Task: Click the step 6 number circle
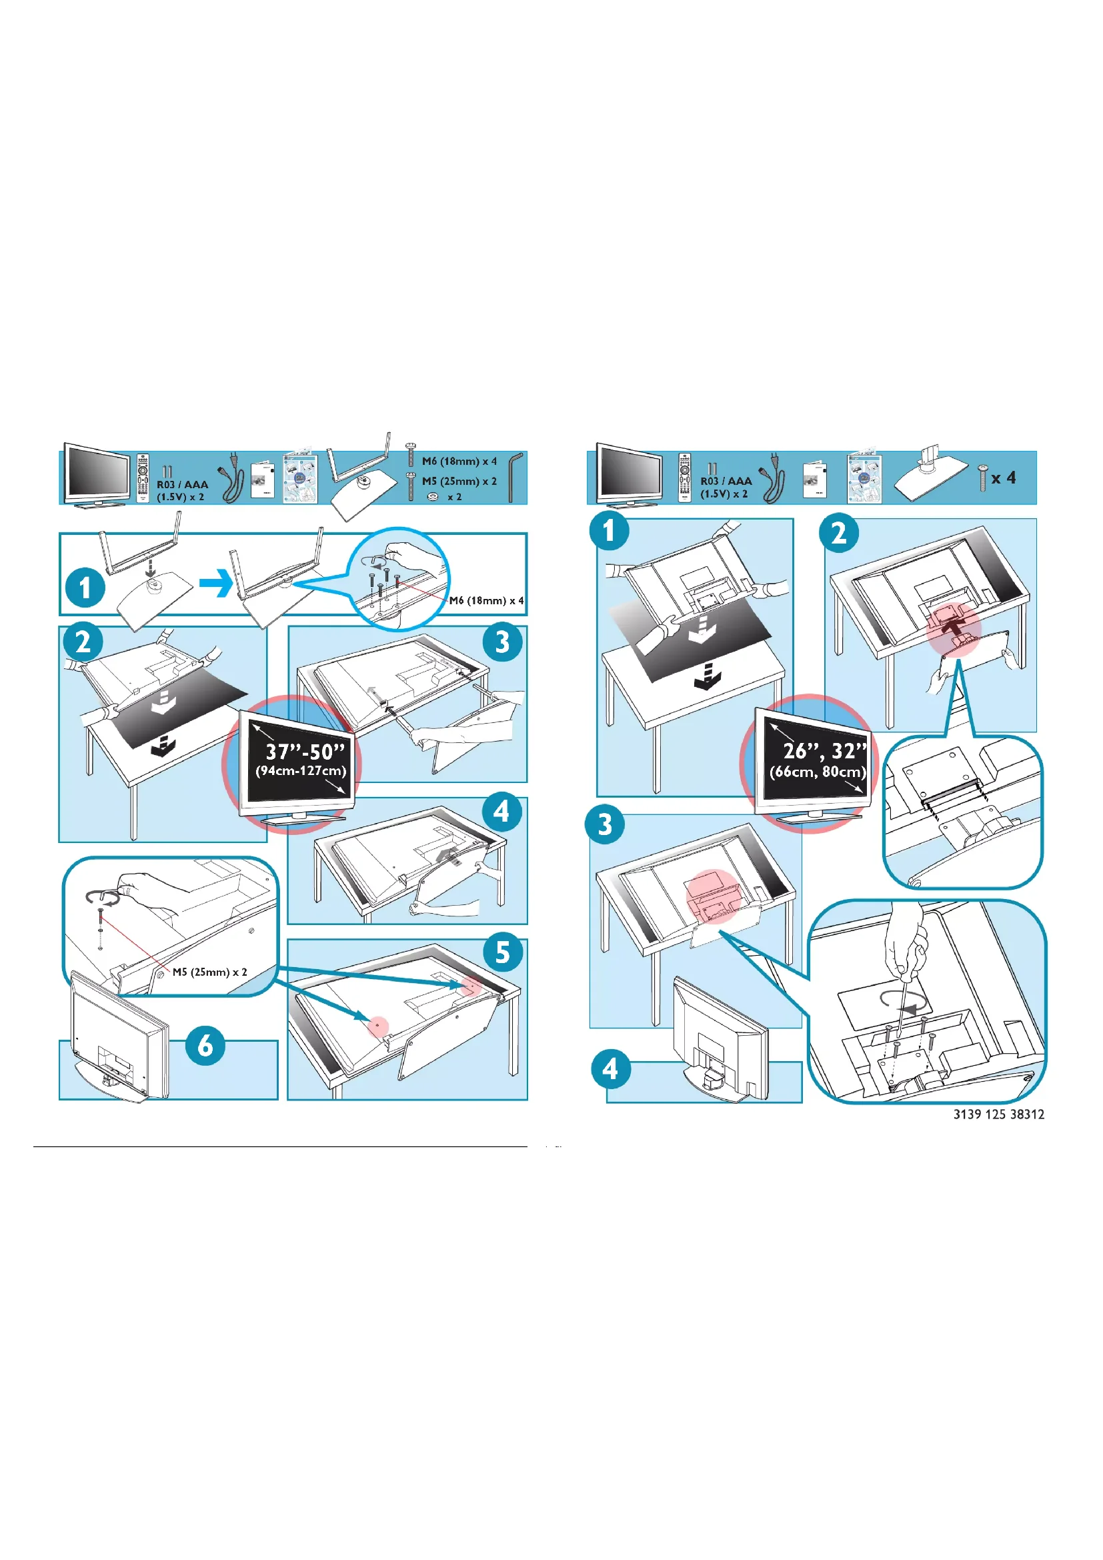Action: tap(205, 1046)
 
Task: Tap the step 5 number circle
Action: tap(503, 952)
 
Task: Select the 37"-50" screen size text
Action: tap(305, 752)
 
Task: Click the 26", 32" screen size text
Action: tap(824, 751)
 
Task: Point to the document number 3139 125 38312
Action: tap(998, 1114)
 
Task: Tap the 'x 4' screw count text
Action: tap(1003, 478)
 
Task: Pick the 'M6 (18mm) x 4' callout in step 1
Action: tap(486, 601)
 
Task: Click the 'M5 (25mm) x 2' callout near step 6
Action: tap(209, 972)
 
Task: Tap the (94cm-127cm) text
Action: tap(301, 771)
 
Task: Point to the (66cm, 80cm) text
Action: tap(818, 772)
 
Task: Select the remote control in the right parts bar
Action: tap(686, 478)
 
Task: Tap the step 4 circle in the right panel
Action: tap(610, 1069)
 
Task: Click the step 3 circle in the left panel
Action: tap(503, 642)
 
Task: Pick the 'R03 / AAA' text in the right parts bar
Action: tap(726, 481)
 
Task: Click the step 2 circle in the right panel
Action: tap(840, 533)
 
